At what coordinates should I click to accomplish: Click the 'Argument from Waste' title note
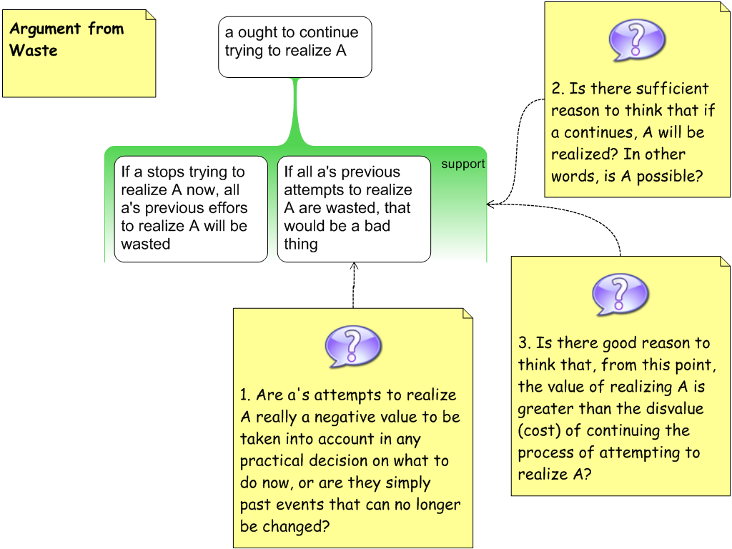[x=79, y=54]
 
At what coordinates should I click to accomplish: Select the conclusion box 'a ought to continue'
[x=295, y=46]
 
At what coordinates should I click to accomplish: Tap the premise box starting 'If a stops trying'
[x=190, y=208]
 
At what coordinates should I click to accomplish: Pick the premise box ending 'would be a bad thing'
[x=353, y=208]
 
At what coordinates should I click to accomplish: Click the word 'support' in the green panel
[x=463, y=164]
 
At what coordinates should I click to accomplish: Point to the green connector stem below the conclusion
[x=295, y=107]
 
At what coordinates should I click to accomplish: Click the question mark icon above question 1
[x=352, y=346]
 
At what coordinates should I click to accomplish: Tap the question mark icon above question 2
[x=636, y=40]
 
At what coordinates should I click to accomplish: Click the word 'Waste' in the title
[x=34, y=51]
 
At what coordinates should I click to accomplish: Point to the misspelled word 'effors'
[x=227, y=208]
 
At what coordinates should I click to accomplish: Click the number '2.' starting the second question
[x=558, y=89]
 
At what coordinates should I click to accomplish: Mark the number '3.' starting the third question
[x=525, y=343]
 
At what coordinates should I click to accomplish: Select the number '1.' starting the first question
[x=246, y=395]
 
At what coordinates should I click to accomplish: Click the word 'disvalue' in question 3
[x=670, y=409]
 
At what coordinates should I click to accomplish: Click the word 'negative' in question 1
[x=343, y=417]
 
